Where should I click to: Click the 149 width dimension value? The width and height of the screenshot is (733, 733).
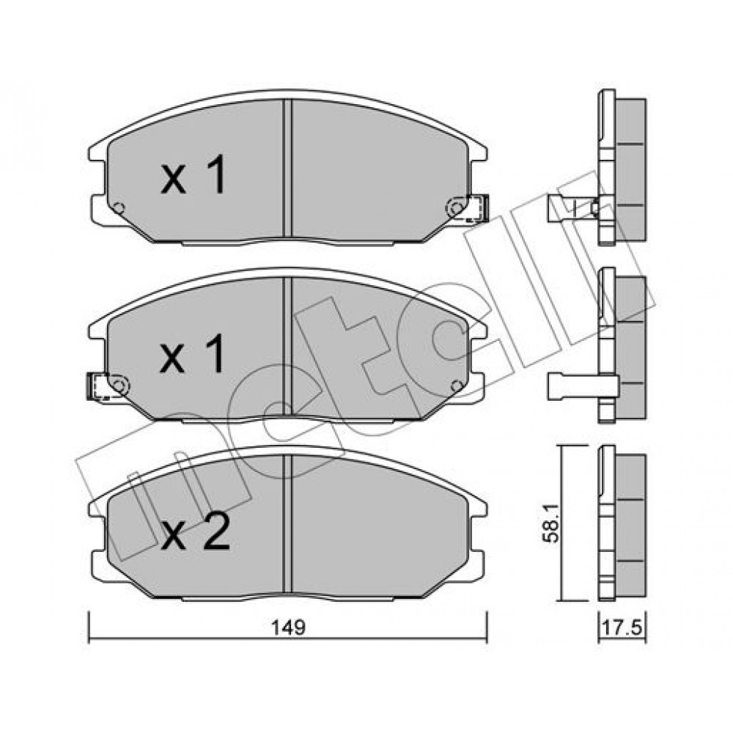288,628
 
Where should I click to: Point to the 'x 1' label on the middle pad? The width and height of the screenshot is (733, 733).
193,354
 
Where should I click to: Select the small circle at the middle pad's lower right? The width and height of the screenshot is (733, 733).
457,386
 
